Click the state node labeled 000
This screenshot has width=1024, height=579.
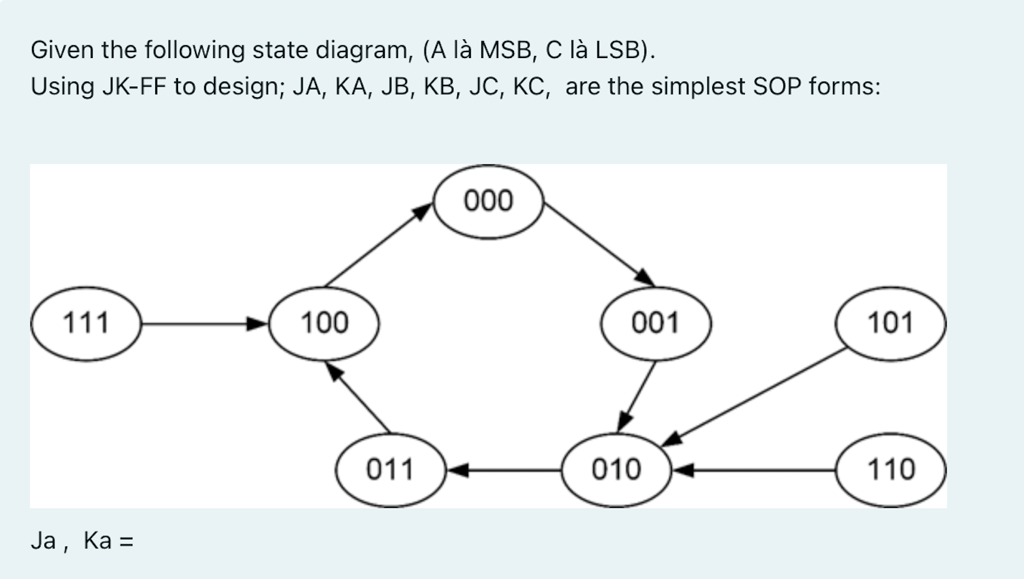[x=488, y=201]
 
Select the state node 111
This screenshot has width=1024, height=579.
[x=85, y=323]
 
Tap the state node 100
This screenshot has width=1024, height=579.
[x=324, y=323]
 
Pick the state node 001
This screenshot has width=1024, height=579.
[x=655, y=323]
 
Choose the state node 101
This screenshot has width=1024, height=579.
[x=890, y=323]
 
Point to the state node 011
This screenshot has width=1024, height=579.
[x=390, y=469]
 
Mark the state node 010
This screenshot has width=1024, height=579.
[x=616, y=469]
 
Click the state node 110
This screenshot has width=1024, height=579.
[x=890, y=469]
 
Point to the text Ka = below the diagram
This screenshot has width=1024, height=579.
[x=108, y=541]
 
